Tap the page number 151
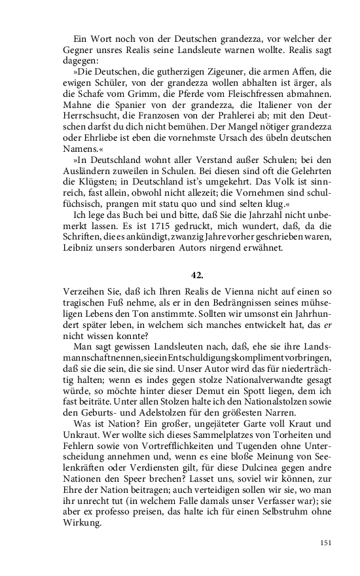tap(327, 543)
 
